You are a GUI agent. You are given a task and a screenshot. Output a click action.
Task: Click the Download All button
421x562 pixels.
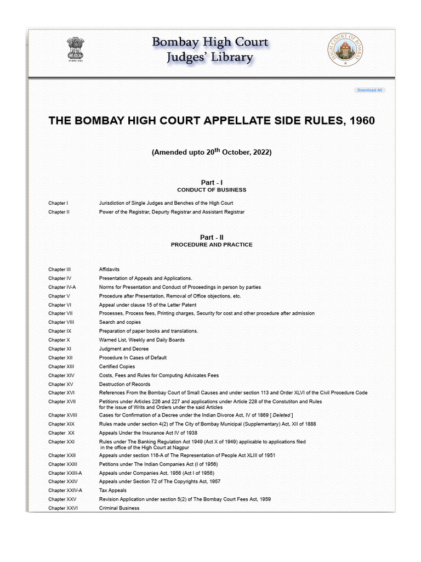coord(369,90)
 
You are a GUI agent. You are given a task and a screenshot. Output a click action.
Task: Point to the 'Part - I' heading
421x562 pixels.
coord(212,182)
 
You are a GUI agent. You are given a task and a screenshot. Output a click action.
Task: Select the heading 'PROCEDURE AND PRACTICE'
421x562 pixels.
coord(212,245)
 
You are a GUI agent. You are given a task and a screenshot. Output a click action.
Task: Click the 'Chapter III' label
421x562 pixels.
coord(59,269)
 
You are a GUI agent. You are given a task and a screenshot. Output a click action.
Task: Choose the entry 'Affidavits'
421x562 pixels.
coord(109,269)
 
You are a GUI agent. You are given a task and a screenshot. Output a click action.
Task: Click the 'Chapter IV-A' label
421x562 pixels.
coord(62,287)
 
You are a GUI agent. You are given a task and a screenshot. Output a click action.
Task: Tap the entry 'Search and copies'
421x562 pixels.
coord(120,322)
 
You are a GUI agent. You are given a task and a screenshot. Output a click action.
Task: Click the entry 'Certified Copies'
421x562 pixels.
coord(117,367)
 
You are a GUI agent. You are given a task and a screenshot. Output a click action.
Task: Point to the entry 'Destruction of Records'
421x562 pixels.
coord(124,384)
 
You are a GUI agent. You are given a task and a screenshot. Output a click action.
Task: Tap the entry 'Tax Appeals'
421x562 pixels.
coord(112,490)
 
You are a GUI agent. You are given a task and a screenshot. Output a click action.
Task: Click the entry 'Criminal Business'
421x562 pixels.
coord(119,508)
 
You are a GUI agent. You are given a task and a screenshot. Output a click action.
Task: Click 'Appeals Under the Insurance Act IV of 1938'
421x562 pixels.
coord(147,432)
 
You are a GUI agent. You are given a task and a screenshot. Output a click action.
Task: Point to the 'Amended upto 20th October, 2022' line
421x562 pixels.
coord(212,152)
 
